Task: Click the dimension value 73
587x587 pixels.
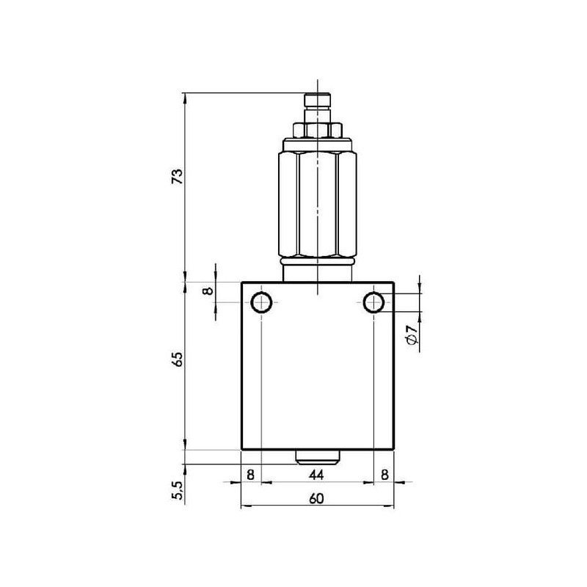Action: (177, 176)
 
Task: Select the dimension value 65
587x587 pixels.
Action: (177, 359)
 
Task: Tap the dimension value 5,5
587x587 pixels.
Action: (178, 490)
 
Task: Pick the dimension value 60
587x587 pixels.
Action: (316, 498)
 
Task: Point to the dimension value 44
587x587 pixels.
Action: (316, 475)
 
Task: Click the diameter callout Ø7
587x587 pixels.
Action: (411, 335)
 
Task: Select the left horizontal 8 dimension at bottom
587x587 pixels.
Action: (250, 475)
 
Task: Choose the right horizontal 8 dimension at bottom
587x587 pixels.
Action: (384, 475)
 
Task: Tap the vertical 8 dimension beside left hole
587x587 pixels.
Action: (208, 291)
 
